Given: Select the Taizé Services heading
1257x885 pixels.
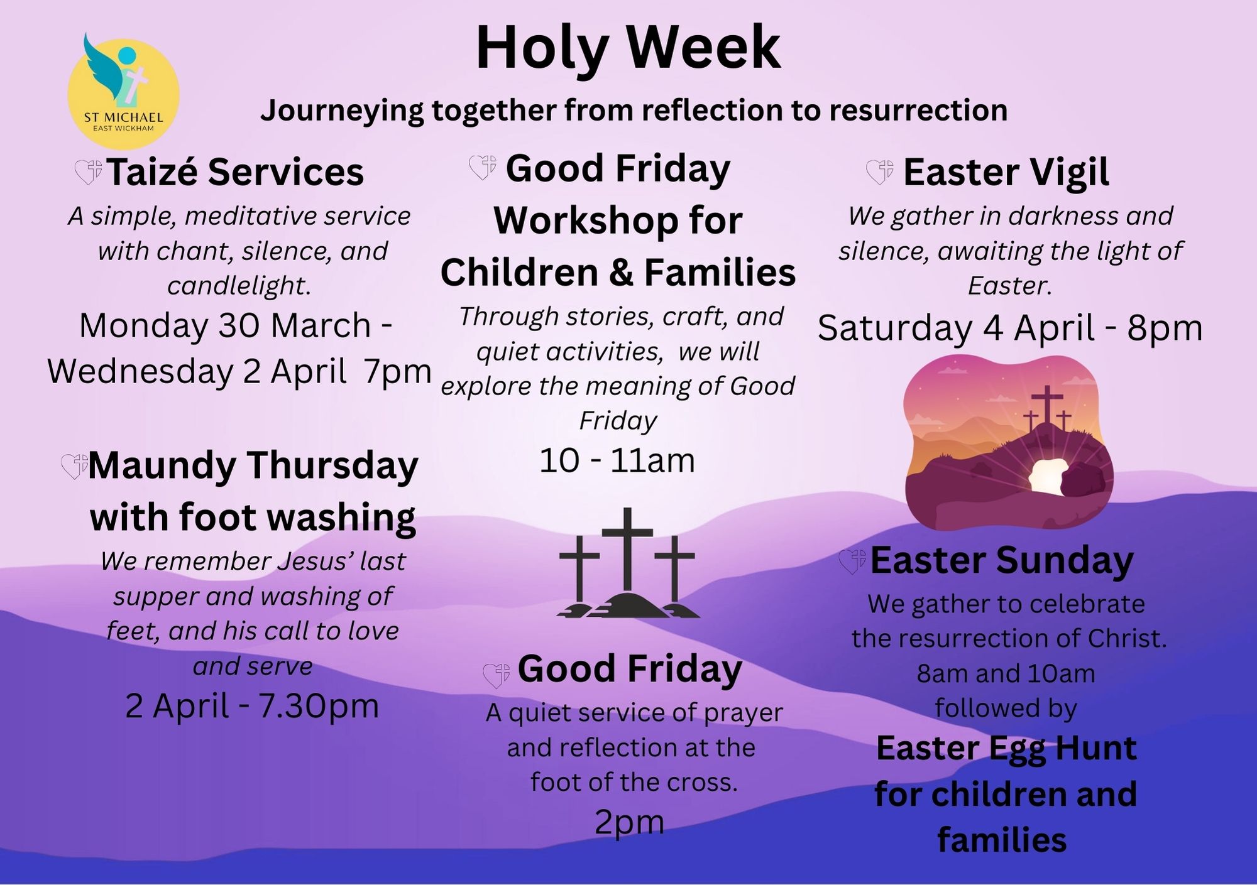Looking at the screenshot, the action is coord(235,171).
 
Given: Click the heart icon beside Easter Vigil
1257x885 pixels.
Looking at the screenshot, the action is coord(880,171).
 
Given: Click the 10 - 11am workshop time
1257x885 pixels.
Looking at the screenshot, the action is coord(617,460).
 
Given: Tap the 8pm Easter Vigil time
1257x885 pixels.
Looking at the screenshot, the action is coord(1165,328).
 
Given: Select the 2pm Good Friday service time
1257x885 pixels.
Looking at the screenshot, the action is coord(629,823).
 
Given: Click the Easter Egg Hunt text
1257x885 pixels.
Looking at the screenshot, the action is coord(1006,748).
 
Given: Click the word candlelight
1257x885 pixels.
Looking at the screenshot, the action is coord(238,286).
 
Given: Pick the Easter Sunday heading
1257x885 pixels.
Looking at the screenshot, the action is coord(1002,560).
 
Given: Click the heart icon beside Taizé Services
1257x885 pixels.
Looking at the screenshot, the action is coord(89,172).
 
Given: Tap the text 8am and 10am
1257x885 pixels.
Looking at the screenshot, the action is coord(1006,674).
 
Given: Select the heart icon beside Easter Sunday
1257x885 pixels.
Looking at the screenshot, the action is coord(852,562).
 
